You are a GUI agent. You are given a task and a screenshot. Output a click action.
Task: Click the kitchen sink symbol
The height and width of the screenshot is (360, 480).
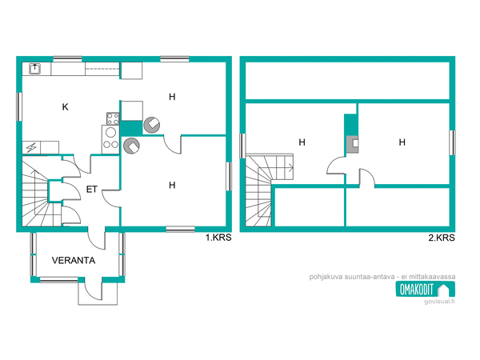click(x=35, y=69)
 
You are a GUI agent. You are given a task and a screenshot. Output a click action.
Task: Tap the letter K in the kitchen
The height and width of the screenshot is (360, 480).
click(x=65, y=107)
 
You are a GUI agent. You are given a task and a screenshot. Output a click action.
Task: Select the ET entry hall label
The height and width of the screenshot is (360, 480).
click(x=91, y=190)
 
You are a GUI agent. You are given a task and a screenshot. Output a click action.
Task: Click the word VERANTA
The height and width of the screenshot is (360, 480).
click(x=74, y=261)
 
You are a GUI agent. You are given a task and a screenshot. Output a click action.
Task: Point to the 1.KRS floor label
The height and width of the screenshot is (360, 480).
click(x=218, y=238)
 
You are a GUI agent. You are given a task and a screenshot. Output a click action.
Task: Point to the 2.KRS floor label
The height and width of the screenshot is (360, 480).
click(x=442, y=238)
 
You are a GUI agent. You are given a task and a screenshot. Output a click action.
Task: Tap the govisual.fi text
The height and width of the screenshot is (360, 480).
click(x=439, y=302)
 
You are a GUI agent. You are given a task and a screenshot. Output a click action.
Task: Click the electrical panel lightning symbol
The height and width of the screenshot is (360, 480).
click(x=31, y=148)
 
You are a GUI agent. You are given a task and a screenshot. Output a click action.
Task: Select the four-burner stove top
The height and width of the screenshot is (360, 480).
click(x=113, y=118)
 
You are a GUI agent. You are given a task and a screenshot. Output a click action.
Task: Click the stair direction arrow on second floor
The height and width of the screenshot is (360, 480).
click(x=290, y=167)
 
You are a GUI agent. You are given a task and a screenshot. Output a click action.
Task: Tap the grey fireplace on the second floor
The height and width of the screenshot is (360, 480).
click(x=352, y=144)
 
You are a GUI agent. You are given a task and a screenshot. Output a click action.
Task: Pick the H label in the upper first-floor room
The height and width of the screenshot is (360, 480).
click(x=172, y=97)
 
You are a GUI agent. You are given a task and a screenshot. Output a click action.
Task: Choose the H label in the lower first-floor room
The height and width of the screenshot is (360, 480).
click(x=172, y=186)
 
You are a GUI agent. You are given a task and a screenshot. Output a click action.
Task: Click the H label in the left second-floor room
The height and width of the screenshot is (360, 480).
click(x=302, y=142)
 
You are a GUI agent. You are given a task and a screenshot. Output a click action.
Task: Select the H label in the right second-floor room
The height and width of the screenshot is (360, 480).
click(x=402, y=142)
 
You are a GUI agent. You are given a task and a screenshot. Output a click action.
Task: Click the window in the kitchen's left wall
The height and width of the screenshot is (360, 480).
click(x=19, y=107)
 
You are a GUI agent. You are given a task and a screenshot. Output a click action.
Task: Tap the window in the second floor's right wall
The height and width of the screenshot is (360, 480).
click(x=452, y=142)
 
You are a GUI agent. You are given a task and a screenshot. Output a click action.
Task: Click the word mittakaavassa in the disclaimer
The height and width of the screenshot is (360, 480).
click(x=432, y=277)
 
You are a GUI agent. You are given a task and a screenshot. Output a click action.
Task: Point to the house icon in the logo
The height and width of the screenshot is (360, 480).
click(x=445, y=290)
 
